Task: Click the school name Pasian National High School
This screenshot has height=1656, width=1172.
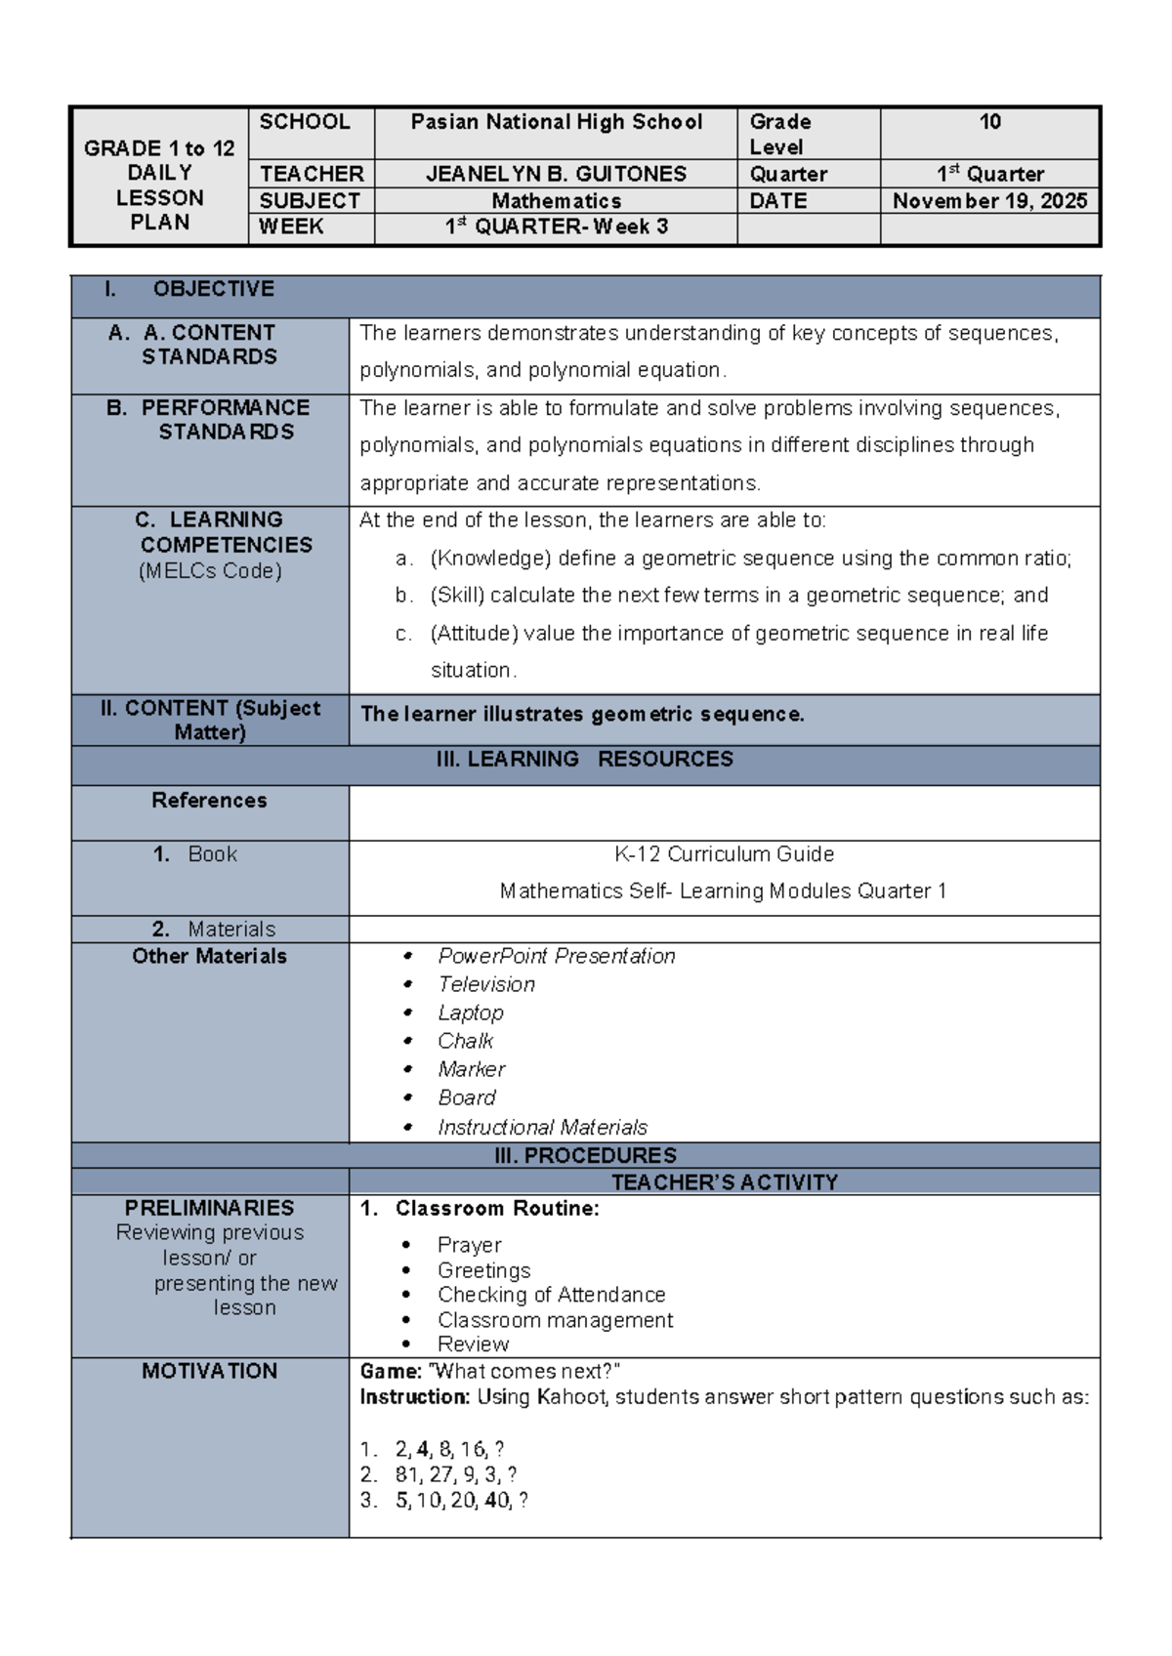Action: click(x=556, y=122)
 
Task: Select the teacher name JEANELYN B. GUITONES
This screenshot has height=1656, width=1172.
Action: click(x=556, y=174)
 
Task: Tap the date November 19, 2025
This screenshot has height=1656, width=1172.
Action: click(x=989, y=201)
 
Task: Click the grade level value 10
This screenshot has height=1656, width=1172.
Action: click(x=989, y=122)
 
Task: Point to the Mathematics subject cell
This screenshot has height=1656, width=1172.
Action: click(x=556, y=201)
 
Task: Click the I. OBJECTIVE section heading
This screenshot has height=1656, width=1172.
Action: click(x=212, y=289)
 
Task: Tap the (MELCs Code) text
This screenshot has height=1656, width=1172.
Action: click(x=210, y=571)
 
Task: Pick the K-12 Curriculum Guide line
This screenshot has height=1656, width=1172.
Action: click(x=724, y=854)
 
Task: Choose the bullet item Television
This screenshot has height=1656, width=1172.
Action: click(x=486, y=984)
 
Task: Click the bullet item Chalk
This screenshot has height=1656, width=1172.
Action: click(x=465, y=1041)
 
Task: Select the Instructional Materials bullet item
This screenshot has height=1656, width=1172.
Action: click(x=542, y=1127)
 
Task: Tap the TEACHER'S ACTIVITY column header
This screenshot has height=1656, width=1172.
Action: click(x=724, y=1182)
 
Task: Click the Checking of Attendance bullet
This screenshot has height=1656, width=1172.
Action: click(x=551, y=1295)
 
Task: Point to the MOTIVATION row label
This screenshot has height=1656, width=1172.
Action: click(x=209, y=1371)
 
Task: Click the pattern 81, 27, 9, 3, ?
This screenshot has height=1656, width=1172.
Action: click(x=455, y=1474)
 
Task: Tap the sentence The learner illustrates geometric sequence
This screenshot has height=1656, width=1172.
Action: click(x=582, y=715)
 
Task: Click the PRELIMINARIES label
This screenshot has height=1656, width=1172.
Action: click(x=209, y=1208)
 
